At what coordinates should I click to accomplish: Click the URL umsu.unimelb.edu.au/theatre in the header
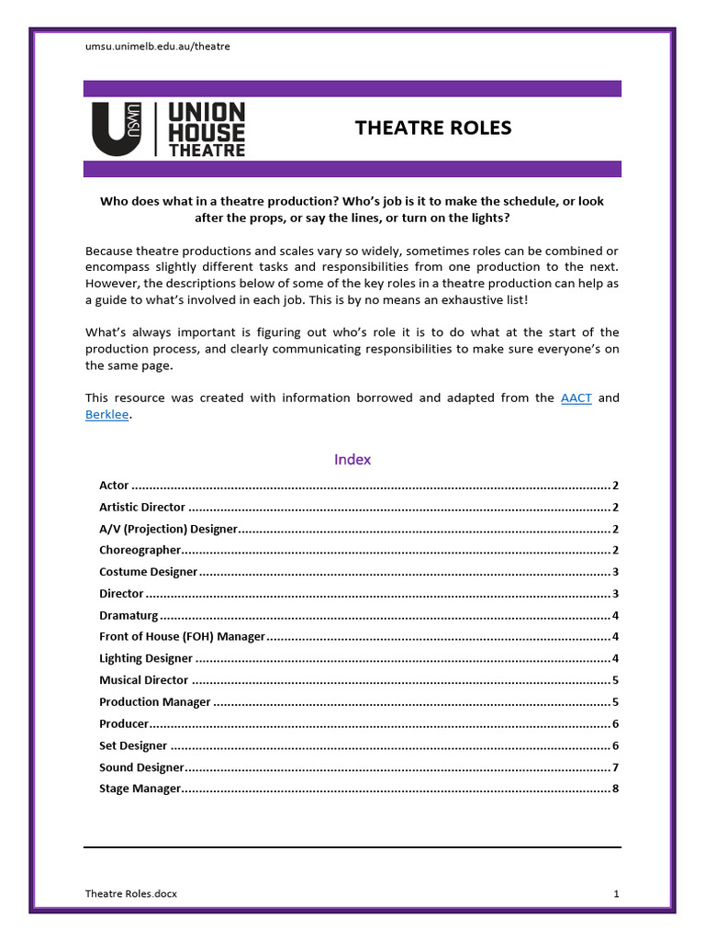(x=157, y=46)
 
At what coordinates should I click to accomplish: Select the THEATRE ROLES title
(x=433, y=128)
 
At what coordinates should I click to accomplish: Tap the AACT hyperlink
(x=576, y=397)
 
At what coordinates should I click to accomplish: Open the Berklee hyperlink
(x=106, y=414)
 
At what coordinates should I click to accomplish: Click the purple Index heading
(x=352, y=459)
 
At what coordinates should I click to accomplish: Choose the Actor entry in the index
(x=114, y=485)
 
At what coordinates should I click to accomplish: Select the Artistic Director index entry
(x=142, y=507)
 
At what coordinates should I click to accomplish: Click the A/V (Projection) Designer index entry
(x=168, y=529)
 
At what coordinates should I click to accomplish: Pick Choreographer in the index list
(x=140, y=550)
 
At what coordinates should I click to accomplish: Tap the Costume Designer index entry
(x=148, y=572)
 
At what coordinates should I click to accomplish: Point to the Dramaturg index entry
(x=129, y=615)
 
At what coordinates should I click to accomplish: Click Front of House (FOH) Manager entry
(x=182, y=636)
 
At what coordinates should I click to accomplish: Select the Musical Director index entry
(x=143, y=680)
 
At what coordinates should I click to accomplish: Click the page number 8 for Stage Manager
(x=615, y=789)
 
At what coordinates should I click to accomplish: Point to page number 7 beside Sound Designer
(x=615, y=767)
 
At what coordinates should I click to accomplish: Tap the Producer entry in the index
(x=124, y=723)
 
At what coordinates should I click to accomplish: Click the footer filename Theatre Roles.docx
(x=131, y=893)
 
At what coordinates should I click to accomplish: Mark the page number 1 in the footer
(x=617, y=893)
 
